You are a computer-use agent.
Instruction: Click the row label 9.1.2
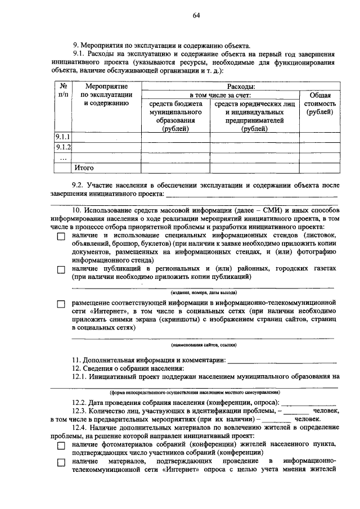click(x=62, y=147)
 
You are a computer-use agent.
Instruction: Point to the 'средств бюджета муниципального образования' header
click(x=175, y=116)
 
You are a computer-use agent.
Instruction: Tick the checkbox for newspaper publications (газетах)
click(x=61, y=270)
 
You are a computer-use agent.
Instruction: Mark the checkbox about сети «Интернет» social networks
click(x=61, y=304)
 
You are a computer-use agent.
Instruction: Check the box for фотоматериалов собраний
click(x=61, y=445)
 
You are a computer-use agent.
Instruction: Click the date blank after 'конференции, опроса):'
click(x=308, y=403)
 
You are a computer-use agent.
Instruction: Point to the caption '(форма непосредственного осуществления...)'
click(x=195, y=392)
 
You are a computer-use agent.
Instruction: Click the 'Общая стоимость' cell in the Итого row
click(x=319, y=168)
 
